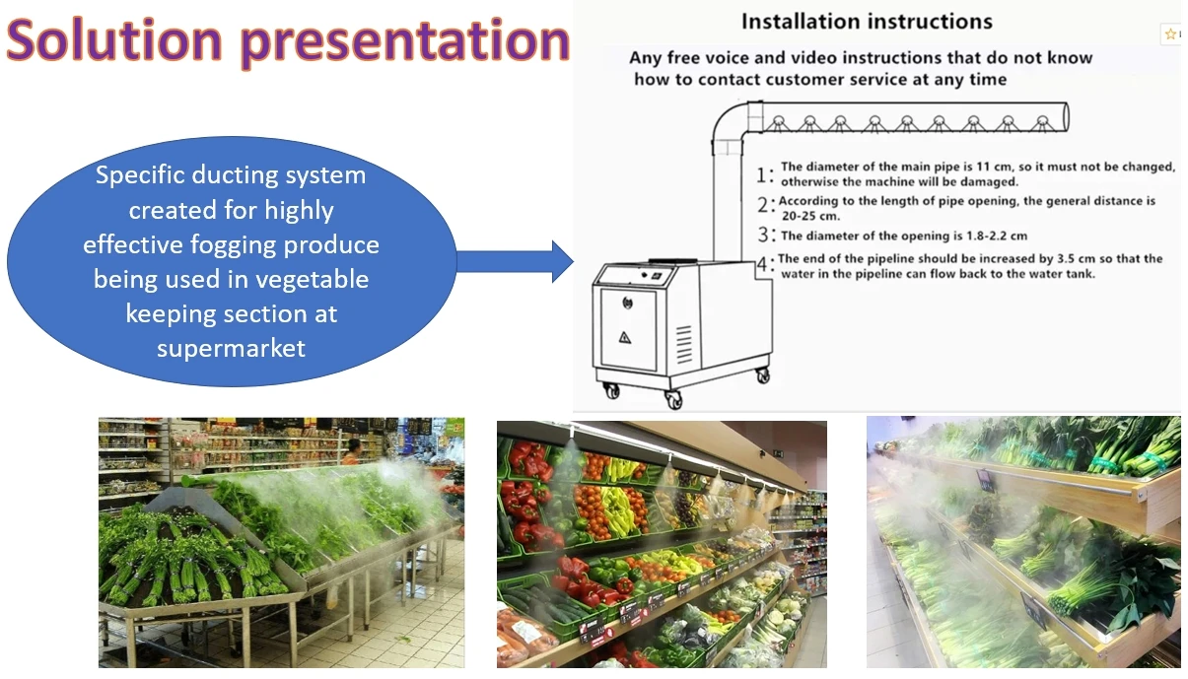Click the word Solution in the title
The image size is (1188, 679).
[x=114, y=39]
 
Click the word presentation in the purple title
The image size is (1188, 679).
[x=405, y=43]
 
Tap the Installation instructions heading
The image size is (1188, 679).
[x=867, y=22]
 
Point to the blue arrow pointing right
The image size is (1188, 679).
[x=515, y=261]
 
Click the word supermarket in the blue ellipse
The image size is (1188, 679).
[x=232, y=349]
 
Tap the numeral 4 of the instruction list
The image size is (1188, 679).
[x=762, y=263]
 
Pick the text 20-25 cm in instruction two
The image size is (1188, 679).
[x=811, y=216]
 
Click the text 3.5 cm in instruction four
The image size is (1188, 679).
[x=1076, y=258]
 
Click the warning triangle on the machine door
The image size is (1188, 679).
[x=625, y=337]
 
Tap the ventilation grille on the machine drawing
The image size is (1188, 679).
[x=684, y=344]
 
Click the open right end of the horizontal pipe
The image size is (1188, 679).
[x=1065, y=117]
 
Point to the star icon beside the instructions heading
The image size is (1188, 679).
[x=1170, y=34]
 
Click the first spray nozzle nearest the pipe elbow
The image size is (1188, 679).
[x=778, y=123]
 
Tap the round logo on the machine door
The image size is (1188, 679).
[x=627, y=303]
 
